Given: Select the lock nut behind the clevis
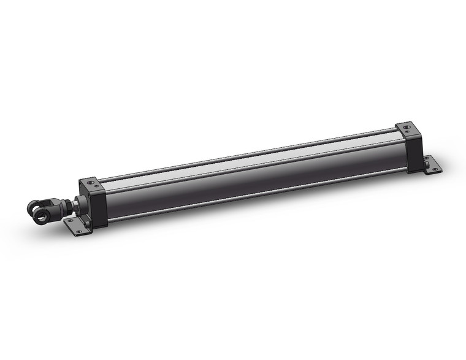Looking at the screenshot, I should (64, 204).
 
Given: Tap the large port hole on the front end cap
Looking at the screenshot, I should (91, 182).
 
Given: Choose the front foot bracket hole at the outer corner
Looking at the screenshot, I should (80, 229).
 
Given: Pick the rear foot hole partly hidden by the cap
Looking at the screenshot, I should (425, 159).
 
